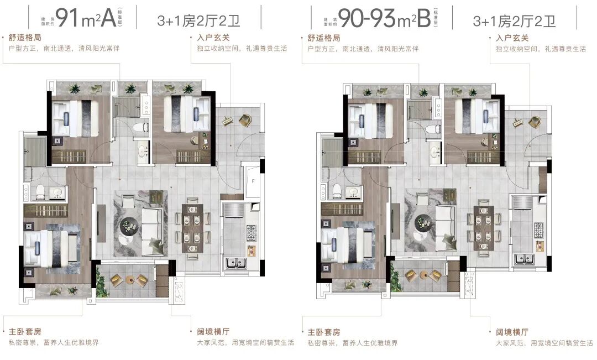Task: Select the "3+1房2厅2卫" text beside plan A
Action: coord(201,20)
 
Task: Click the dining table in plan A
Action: coord(193,227)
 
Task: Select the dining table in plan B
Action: coord(484,227)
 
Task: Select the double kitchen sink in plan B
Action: coord(522,258)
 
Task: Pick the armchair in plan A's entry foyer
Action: coord(244,120)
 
